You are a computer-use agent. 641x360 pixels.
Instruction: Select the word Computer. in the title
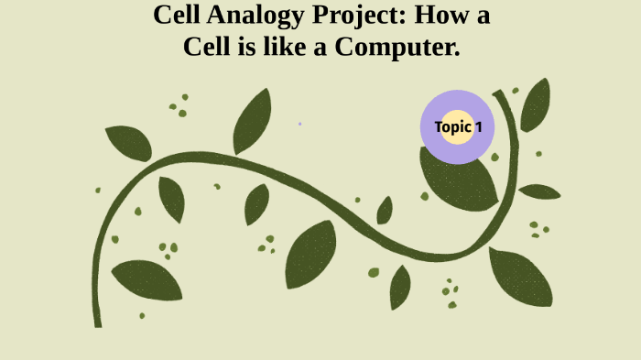(x=397, y=46)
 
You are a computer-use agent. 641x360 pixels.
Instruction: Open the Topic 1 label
(x=457, y=127)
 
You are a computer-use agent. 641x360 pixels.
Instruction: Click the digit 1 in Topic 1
(x=477, y=127)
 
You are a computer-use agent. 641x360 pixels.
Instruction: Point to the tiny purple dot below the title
(x=299, y=124)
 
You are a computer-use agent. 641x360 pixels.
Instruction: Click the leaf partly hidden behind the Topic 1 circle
(x=462, y=183)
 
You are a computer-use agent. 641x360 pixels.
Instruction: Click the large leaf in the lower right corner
(x=522, y=277)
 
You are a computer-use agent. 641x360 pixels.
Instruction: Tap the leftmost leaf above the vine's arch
(x=128, y=143)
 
